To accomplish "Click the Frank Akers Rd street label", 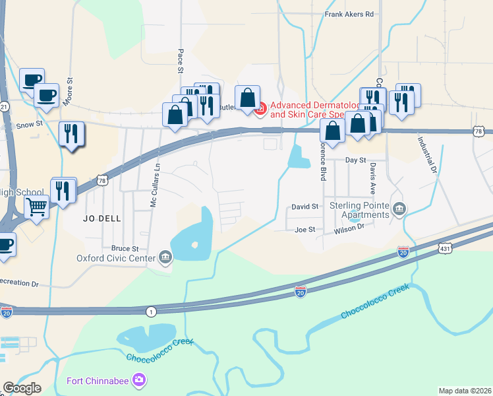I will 349,14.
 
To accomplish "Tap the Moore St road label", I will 69,92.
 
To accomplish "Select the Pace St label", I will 180,61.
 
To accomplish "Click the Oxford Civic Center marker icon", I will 165,258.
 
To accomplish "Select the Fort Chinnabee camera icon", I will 139,380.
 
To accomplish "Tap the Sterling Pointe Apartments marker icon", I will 399,210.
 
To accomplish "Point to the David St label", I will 305,207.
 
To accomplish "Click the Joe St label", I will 305,230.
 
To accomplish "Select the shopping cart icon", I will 37,207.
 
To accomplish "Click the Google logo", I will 22,388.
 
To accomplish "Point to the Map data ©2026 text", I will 465,390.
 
